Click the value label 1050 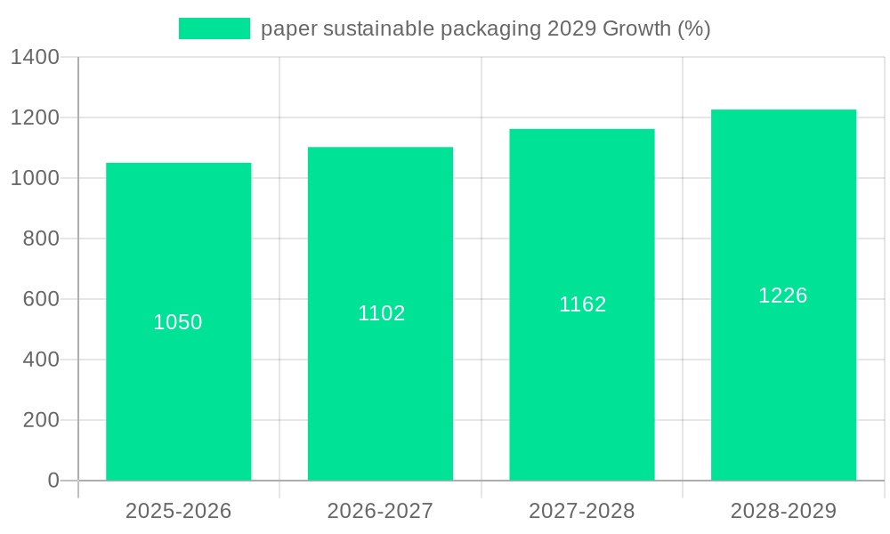178,322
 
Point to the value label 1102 381,313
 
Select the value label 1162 582,304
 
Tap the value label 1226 783,295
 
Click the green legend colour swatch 214,28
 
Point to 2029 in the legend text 571,28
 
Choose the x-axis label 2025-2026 178,511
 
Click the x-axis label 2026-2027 380,511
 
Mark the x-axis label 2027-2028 582,511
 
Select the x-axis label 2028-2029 783,511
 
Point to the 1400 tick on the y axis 35,58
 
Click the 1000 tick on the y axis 35,178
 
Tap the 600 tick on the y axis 41,299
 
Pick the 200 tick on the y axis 41,420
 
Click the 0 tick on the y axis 53,481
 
